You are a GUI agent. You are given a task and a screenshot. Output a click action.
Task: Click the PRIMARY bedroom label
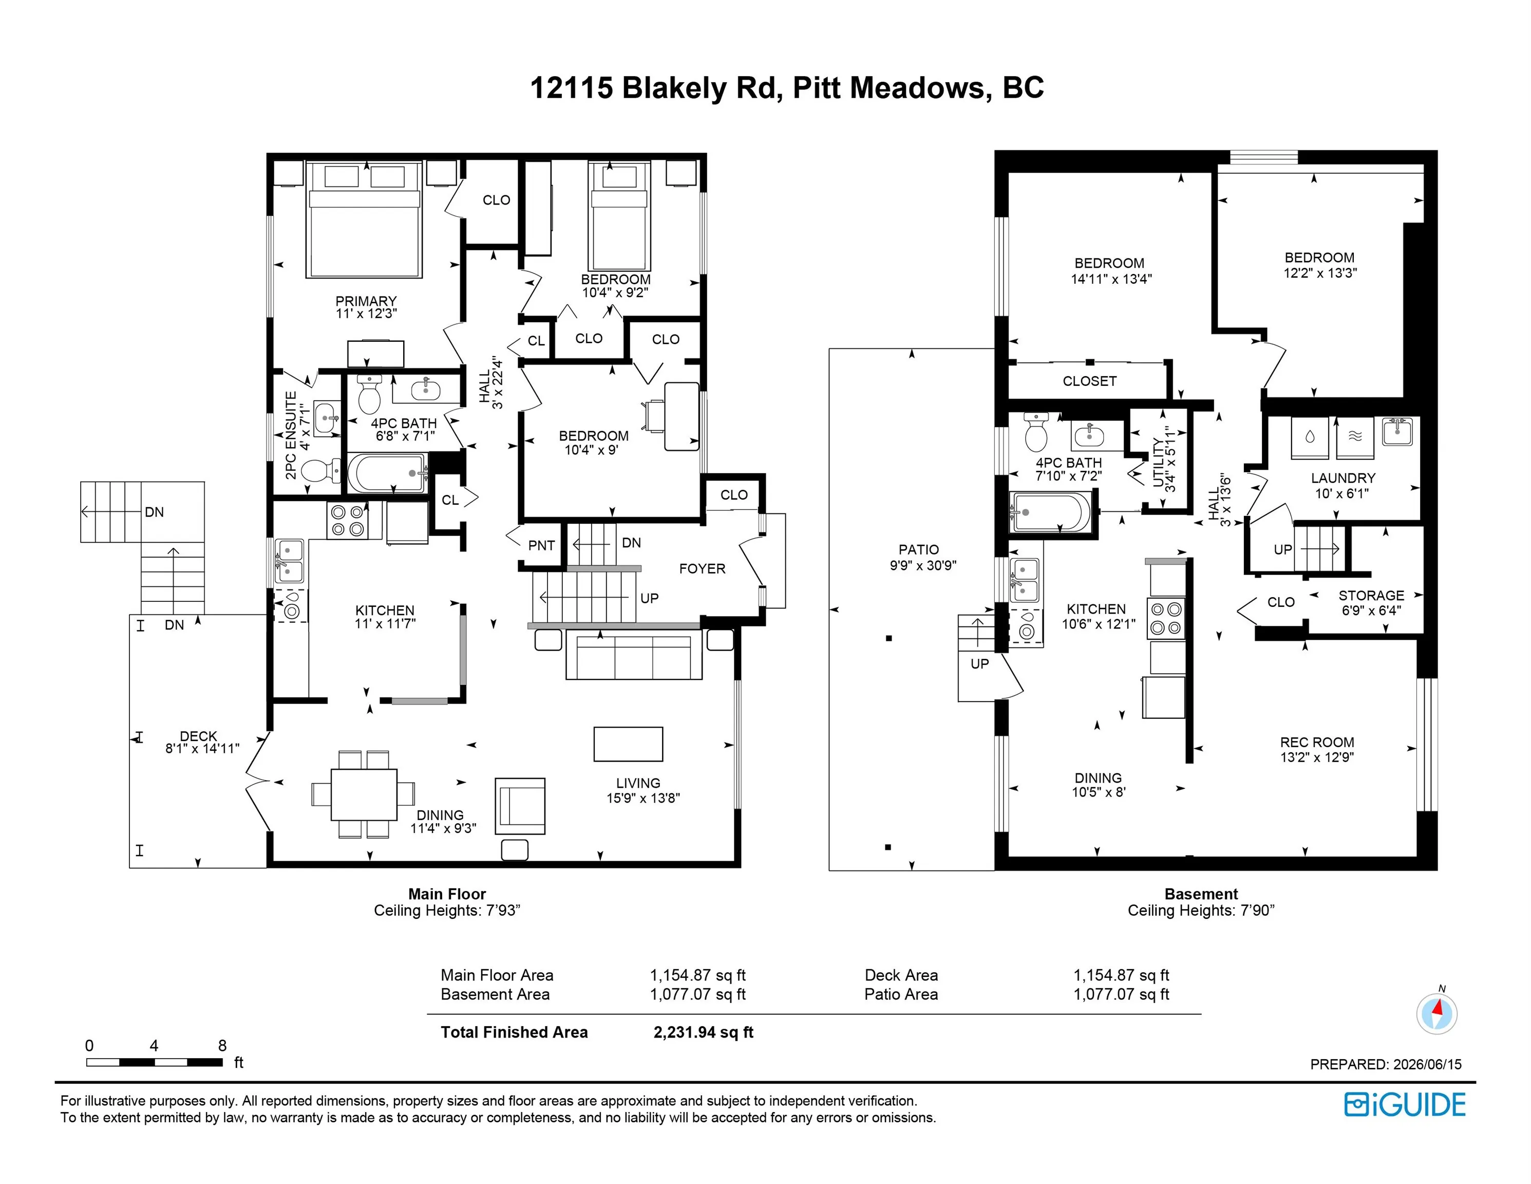(366, 301)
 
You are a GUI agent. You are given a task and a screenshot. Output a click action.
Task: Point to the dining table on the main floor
(364, 794)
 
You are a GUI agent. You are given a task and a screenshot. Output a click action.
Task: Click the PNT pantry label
(541, 546)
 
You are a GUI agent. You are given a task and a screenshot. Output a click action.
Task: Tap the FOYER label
(703, 569)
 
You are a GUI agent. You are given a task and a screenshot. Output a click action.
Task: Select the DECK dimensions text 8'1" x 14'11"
(202, 748)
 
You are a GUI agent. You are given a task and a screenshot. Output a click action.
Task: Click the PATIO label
(918, 550)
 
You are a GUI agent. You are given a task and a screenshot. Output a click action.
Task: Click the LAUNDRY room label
(1343, 478)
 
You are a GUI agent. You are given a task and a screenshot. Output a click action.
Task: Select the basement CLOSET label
(1089, 381)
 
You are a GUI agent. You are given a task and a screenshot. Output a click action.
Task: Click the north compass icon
(1437, 1013)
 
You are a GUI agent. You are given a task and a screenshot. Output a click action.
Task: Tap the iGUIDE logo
(1405, 1105)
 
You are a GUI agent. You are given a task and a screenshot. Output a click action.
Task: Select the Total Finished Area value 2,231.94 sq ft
(703, 1032)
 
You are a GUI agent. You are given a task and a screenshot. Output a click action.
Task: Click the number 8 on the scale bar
(222, 1045)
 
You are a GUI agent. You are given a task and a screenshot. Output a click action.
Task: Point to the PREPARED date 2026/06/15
(1427, 1064)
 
